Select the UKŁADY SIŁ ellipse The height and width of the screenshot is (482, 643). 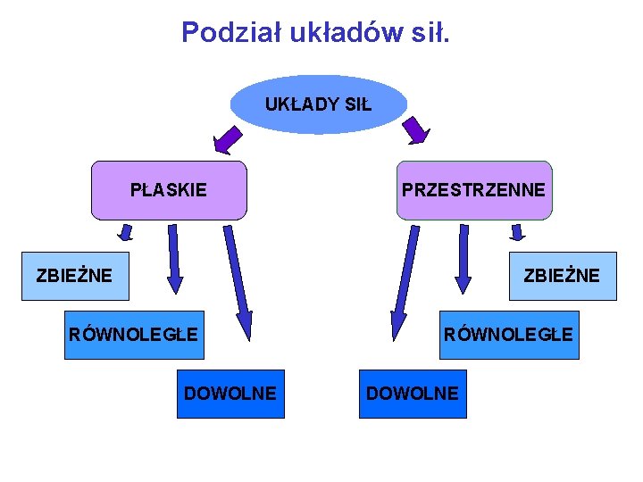[x=318, y=104]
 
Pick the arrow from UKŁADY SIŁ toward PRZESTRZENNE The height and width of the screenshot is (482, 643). [x=416, y=130]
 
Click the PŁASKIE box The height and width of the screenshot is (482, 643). [x=169, y=190]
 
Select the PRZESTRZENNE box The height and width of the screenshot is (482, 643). [x=473, y=190]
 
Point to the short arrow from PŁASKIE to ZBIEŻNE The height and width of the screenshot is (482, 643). [x=126, y=233]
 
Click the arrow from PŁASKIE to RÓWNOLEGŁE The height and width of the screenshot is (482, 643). [x=174, y=259]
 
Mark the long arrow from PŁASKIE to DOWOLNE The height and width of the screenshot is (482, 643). [x=238, y=282]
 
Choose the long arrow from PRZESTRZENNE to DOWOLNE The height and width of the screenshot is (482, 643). [x=405, y=282]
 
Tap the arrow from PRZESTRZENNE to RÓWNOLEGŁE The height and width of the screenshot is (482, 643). [x=463, y=259]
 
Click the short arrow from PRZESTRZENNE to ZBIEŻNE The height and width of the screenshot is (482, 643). [x=516, y=233]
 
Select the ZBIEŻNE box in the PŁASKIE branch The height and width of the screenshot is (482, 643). [x=75, y=276]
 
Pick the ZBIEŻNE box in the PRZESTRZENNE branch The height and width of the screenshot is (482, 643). [x=562, y=276]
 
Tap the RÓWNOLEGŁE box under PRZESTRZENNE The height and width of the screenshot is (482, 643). [x=508, y=335]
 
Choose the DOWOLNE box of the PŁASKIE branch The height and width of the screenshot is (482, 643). [x=230, y=394]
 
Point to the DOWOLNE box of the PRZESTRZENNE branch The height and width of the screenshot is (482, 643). [x=412, y=394]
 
